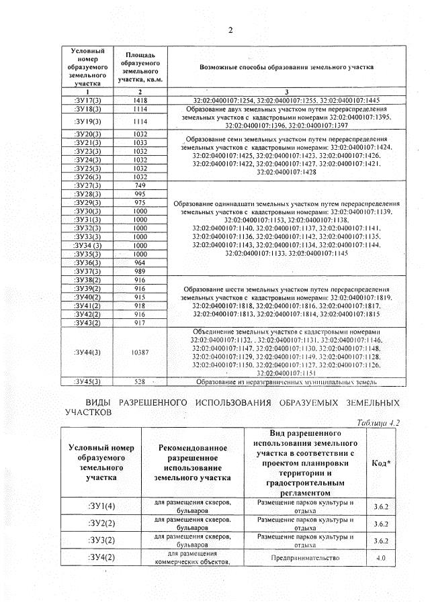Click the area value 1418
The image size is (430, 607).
140,100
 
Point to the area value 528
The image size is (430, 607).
140,382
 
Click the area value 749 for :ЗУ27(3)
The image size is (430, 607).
140,185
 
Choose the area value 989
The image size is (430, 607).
140,271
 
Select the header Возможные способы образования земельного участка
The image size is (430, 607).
286,68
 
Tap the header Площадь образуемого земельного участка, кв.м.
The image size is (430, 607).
140,68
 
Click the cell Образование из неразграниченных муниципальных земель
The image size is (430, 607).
286,382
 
